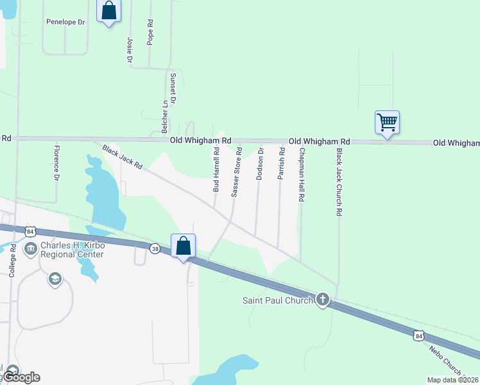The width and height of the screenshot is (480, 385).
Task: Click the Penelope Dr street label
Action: click(x=65, y=22)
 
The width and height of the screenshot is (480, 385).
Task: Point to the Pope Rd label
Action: click(x=150, y=31)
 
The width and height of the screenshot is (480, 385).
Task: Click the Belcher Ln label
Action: click(x=164, y=112)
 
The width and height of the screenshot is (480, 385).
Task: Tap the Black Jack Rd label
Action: click(x=122, y=157)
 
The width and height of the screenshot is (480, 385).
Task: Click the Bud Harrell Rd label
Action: click(x=216, y=170)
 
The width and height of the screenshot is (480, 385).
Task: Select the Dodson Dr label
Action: click(x=260, y=165)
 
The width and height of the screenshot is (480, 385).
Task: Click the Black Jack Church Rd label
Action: click(x=340, y=182)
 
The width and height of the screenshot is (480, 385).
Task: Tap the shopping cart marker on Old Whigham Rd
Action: click(x=387, y=121)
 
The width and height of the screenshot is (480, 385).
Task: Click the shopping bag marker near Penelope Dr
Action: click(x=108, y=11)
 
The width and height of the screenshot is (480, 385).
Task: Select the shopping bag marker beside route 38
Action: click(x=183, y=245)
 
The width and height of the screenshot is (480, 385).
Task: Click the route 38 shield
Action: click(x=155, y=248)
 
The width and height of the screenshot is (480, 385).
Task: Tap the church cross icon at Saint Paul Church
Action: click(x=322, y=299)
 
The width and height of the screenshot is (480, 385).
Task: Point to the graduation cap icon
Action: click(x=55, y=279)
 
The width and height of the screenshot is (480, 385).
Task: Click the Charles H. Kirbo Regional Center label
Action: click(x=71, y=250)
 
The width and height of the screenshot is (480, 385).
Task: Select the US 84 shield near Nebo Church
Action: click(x=418, y=335)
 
